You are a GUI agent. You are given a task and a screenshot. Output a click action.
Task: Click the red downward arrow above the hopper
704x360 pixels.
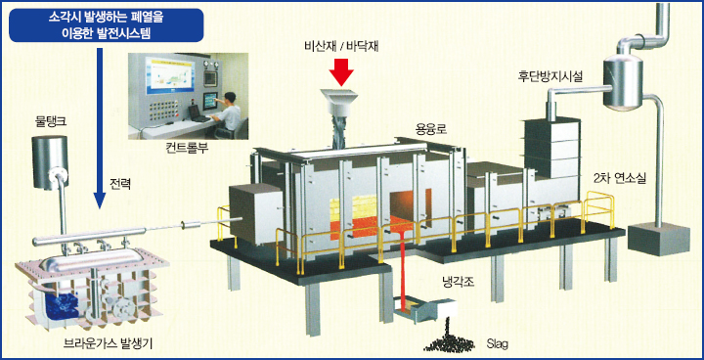pos(341,70)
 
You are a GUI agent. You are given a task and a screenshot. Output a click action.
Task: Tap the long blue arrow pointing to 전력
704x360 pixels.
pos(100,127)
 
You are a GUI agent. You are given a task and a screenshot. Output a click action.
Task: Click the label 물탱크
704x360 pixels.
pos(51,121)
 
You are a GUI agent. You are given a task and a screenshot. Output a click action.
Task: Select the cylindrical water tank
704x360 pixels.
pos(50,162)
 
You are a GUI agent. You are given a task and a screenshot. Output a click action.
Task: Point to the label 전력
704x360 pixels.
pos(120,184)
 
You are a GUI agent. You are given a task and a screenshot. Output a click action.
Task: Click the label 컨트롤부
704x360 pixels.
pos(187,148)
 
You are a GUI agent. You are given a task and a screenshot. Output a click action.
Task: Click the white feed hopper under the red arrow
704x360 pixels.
pos(339,102)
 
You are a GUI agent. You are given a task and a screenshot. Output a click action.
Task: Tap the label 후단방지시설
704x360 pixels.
pos(550,77)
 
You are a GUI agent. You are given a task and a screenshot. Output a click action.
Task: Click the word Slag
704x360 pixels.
pos(498,345)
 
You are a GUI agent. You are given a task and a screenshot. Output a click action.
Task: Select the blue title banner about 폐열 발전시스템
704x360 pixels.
pos(107,25)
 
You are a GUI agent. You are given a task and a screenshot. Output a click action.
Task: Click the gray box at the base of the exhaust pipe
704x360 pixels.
pos(658,239)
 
